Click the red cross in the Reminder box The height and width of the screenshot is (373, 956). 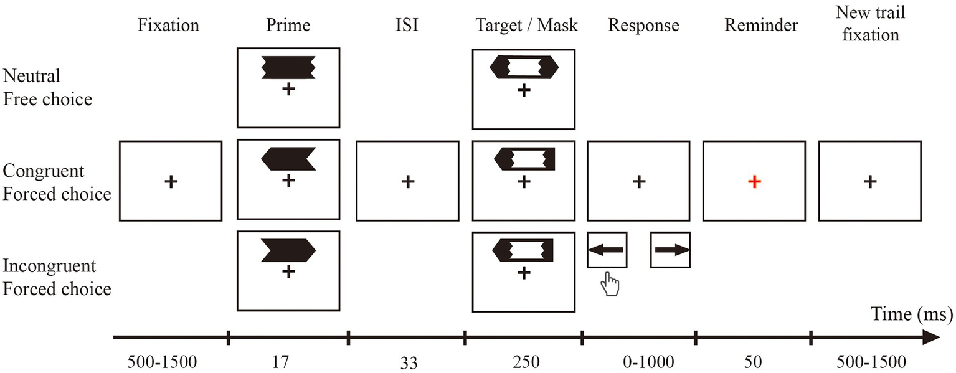pyautogui.click(x=754, y=181)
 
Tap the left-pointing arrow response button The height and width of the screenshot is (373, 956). pyautogui.click(x=607, y=250)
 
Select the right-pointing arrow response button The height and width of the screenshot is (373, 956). pyautogui.click(x=671, y=250)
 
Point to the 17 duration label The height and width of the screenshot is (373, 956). pyautogui.click(x=288, y=362)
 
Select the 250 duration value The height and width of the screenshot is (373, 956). pyautogui.click(x=524, y=362)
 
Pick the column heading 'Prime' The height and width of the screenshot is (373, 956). pyautogui.click(x=288, y=25)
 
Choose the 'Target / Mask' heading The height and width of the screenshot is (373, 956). pyautogui.click(x=527, y=25)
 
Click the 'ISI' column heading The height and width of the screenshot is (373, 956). pyautogui.click(x=407, y=25)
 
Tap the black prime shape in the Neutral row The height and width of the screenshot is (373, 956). pyautogui.click(x=288, y=67)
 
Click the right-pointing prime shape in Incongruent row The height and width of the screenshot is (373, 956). pyautogui.click(x=288, y=250)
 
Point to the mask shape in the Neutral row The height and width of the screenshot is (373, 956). pyautogui.click(x=524, y=67)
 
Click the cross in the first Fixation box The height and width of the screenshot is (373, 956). pyautogui.click(x=171, y=181)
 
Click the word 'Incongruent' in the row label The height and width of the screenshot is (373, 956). pyautogui.click(x=50, y=266)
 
